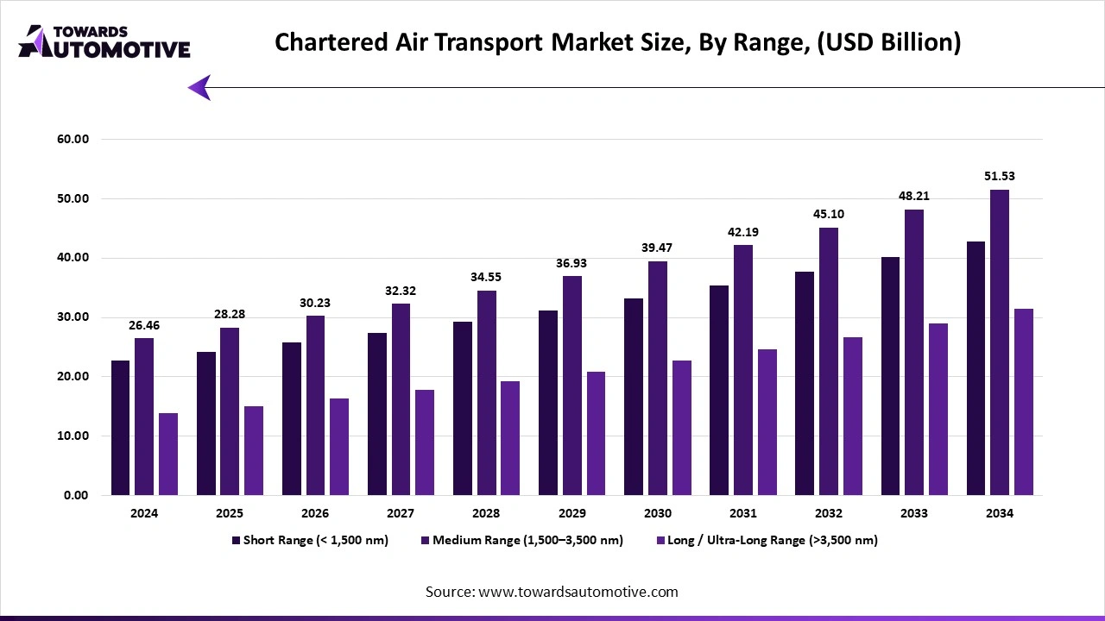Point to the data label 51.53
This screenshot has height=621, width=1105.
click(x=999, y=176)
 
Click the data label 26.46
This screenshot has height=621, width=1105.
click(x=144, y=325)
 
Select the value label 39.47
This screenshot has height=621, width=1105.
click(x=657, y=248)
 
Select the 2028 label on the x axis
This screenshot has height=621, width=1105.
click(x=486, y=513)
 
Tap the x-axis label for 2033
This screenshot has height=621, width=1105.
click(x=913, y=513)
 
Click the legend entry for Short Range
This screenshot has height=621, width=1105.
click(x=310, y=541)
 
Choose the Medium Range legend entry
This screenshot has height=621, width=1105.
click(x=521, y=541)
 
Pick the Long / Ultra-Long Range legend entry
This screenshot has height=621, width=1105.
click(x=767, y=541)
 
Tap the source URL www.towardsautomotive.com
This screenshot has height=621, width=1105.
click(x=577, y=592)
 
